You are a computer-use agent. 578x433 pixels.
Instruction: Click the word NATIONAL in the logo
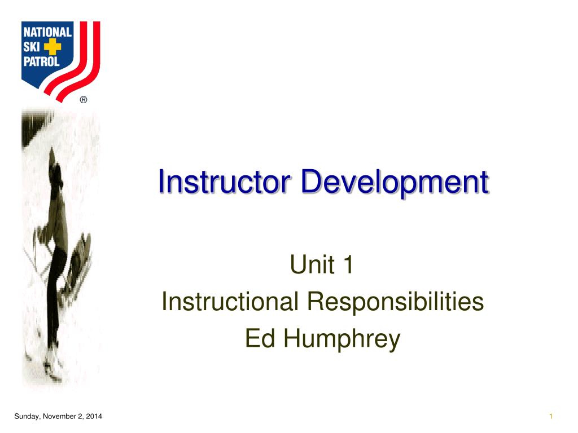[x=47, y=33]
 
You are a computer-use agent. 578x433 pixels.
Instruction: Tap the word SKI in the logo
[x=32, y=47]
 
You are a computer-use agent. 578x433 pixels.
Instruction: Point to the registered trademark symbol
[x=84, y=100]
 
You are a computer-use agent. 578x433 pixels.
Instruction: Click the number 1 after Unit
[x=347, y=266]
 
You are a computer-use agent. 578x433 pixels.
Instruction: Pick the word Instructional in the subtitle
[x=230, y=302]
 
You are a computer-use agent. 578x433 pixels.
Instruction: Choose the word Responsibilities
[x=395, y=302]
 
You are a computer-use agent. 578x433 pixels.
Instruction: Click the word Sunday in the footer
[x=24, y=417]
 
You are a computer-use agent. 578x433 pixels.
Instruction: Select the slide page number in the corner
[x=550, y=417]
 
